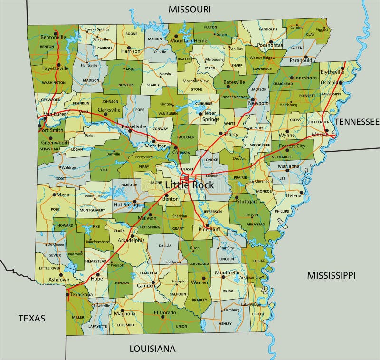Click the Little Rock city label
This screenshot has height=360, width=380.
tap(190, 185)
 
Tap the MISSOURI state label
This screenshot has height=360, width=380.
tap(190, 9)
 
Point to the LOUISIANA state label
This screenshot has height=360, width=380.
tap(152, 349)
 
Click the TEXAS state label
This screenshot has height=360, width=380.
tap(32, 318)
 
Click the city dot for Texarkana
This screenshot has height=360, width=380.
tap(67, 294)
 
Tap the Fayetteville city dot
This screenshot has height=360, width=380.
tap(58, 65)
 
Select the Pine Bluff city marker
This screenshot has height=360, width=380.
tap(207, 225)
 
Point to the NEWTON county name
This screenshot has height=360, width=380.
tap(126, 85)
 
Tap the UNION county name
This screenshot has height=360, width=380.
tap(181, 326)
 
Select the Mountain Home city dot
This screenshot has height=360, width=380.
tap(175, 36)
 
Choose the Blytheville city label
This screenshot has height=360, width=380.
tap(332, 72)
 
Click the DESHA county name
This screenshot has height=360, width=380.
tap(259, 261)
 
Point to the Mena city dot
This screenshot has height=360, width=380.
tap(55, 195)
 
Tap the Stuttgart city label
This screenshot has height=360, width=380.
tap(247, 201)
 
